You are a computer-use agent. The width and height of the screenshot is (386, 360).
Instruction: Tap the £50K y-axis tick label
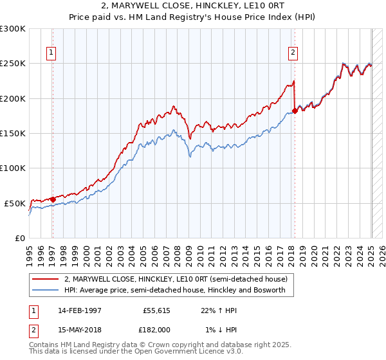tap(15, 203)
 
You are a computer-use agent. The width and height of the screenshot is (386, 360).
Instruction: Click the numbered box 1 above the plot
tap(51, 53)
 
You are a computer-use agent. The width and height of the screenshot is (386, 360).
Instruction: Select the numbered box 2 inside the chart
tap(293, 53)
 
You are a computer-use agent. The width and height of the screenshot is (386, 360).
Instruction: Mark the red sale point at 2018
tap(295, 111)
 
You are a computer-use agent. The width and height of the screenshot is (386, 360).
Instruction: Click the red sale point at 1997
tap(53, 199)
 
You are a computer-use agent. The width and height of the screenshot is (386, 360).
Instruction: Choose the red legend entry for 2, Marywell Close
tap(179, 279)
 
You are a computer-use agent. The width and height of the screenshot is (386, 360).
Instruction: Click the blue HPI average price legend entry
tap(179, 290)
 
